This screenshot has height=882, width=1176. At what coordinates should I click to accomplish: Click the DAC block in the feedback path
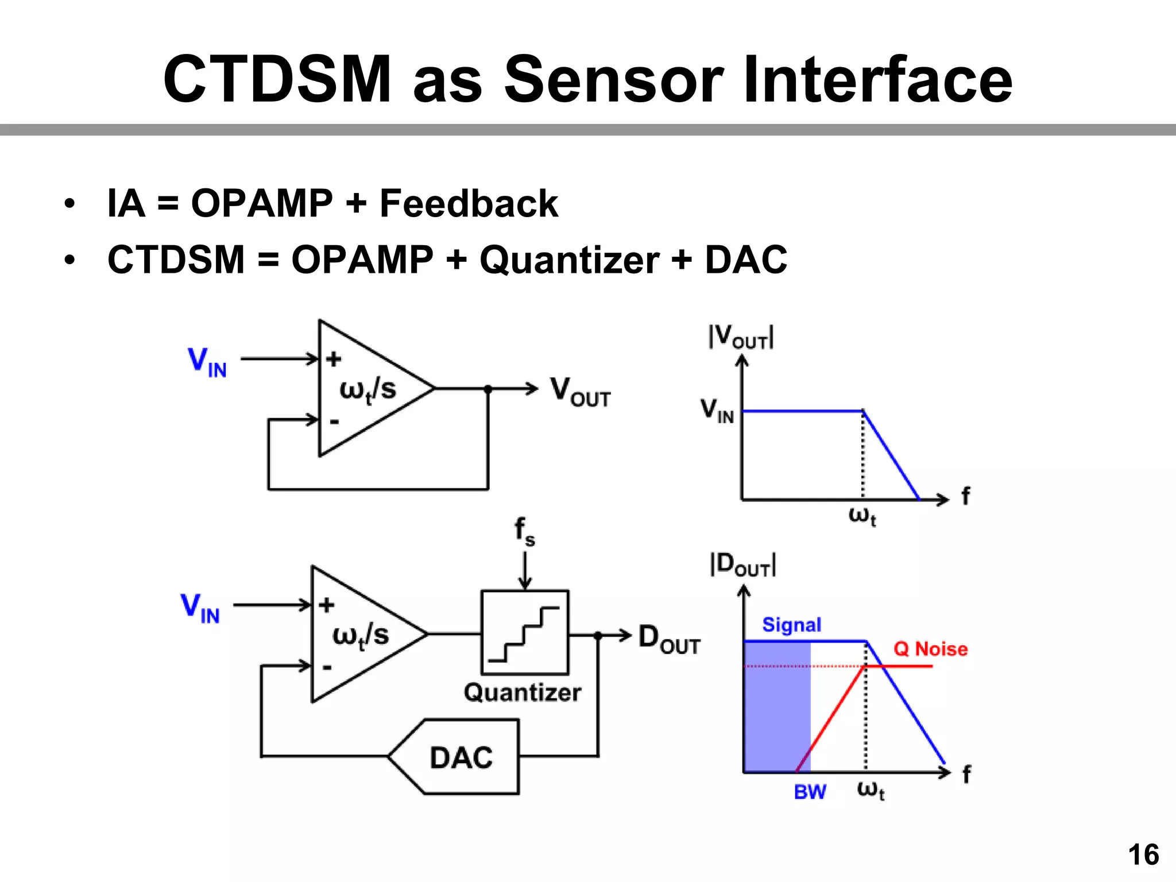coord(461,757)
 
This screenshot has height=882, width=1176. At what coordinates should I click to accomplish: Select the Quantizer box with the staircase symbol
coord(524,632)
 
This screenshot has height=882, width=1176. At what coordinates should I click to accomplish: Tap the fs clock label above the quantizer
coord(524,531)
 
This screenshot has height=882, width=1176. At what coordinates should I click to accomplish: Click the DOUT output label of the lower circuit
coord(669,639)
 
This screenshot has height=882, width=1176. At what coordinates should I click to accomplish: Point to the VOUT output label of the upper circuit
coord(580,392)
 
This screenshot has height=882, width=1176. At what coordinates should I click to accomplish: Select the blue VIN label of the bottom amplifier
coord(200,608)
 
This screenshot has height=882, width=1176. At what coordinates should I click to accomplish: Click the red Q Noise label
coord(930,649)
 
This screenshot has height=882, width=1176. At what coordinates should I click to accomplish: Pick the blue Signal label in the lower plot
coord(791,625)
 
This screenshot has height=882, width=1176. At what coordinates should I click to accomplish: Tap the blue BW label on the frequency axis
coord(810,792)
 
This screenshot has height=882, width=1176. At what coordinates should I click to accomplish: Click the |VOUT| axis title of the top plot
coord(741,338)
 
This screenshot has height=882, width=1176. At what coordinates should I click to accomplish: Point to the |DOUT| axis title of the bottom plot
coord(743,565)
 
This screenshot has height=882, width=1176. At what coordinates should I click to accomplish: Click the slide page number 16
coord(1143,854)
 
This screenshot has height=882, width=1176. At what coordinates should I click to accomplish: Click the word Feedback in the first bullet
coord(469,203)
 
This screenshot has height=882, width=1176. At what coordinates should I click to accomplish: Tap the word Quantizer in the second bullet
coord(569,260)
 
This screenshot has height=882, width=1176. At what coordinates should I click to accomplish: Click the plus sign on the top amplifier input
coord(334,359)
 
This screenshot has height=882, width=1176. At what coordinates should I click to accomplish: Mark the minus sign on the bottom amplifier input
coord(327,667)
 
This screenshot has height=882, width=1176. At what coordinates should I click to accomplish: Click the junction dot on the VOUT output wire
coord(488,389)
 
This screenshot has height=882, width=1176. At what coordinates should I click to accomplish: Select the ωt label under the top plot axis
coord(862,516)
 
